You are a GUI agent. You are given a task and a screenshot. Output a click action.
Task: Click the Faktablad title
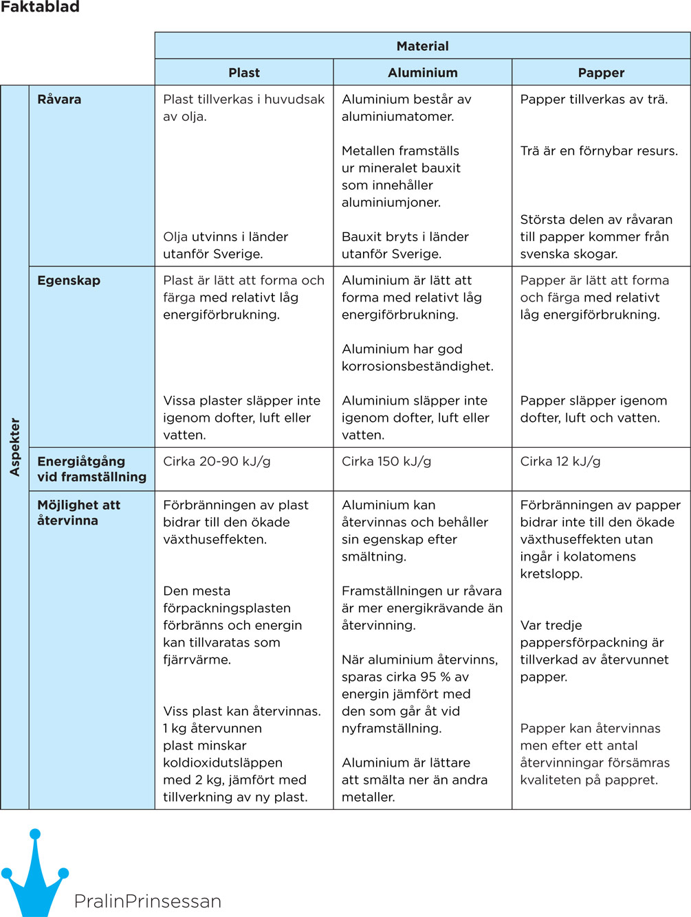click(x=40, y=8)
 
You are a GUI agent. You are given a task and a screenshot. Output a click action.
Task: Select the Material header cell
click(x=422, y=46)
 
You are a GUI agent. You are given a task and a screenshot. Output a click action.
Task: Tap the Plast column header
click(x=244, y=73)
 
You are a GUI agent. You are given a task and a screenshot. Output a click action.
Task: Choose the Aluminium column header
click(x=422, y=73)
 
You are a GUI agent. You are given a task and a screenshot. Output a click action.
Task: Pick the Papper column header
click(x=601, y=73)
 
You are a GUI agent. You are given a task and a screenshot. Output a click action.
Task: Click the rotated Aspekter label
click(x=15, y=446)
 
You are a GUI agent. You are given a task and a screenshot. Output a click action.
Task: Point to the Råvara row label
click(x=59, y=100)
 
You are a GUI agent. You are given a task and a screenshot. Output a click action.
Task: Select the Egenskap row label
click(x=69, y=281)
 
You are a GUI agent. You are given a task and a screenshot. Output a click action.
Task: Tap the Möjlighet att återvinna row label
click(x=78, y=512)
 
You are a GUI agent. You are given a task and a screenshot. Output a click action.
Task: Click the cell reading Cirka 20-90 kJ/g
click(x=217, y=462)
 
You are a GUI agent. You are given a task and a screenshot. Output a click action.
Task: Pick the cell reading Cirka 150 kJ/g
click(x=386, y=462)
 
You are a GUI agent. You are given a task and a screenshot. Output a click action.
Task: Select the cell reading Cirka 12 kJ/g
click(x=560, y=462)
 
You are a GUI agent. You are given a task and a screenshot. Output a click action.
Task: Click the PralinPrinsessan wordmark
click(x=147, y=901)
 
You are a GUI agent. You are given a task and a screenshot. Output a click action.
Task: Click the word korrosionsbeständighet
click(x=417, y=367)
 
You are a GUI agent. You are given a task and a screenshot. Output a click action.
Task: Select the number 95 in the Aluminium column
click(x=429, y=677)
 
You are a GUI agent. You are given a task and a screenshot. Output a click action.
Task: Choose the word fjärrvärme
click(x=196, y=660)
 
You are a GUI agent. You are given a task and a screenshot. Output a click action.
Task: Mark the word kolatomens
click(x=597, y=557)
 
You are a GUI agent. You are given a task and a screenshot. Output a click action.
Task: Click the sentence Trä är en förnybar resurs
click(x=599, y=151)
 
